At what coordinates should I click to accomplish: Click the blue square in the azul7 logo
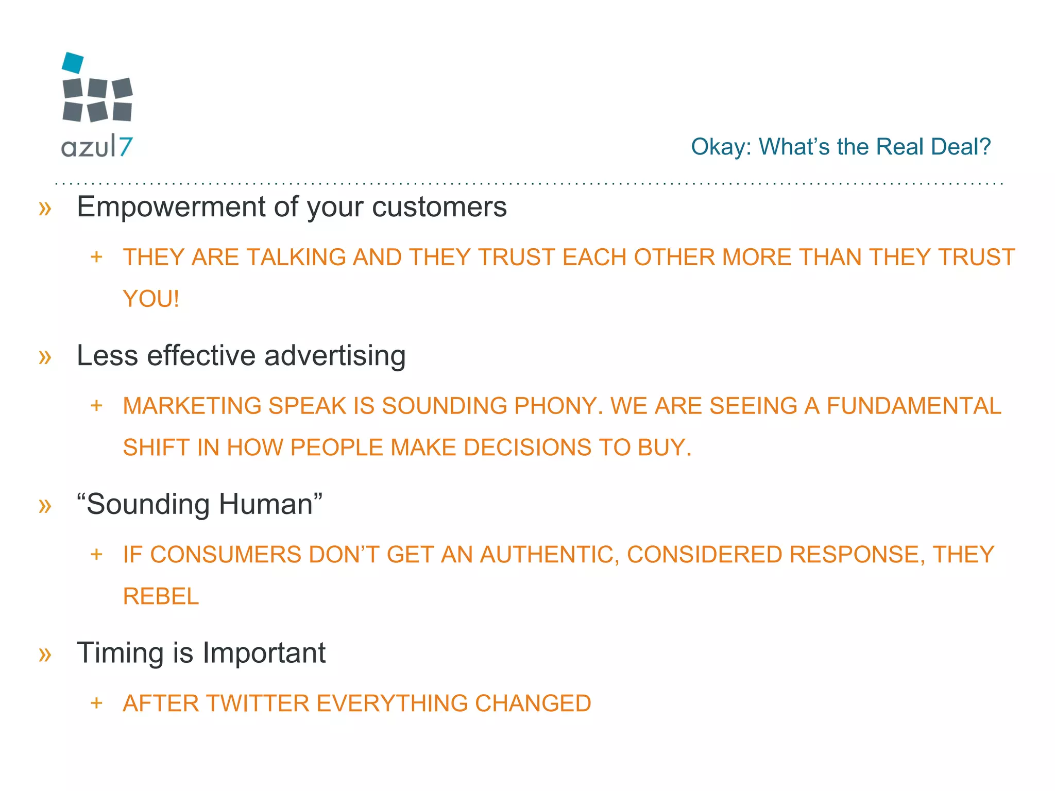73,63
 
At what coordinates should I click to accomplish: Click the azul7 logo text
97,147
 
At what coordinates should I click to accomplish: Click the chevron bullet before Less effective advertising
45,357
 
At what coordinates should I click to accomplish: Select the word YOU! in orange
151,299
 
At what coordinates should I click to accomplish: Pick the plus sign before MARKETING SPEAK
96,406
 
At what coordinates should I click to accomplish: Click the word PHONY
558,406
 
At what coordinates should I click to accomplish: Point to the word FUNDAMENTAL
914,406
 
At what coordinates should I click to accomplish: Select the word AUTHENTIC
549,555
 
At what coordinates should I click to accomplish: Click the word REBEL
161,596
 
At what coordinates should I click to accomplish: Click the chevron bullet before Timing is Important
45,655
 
